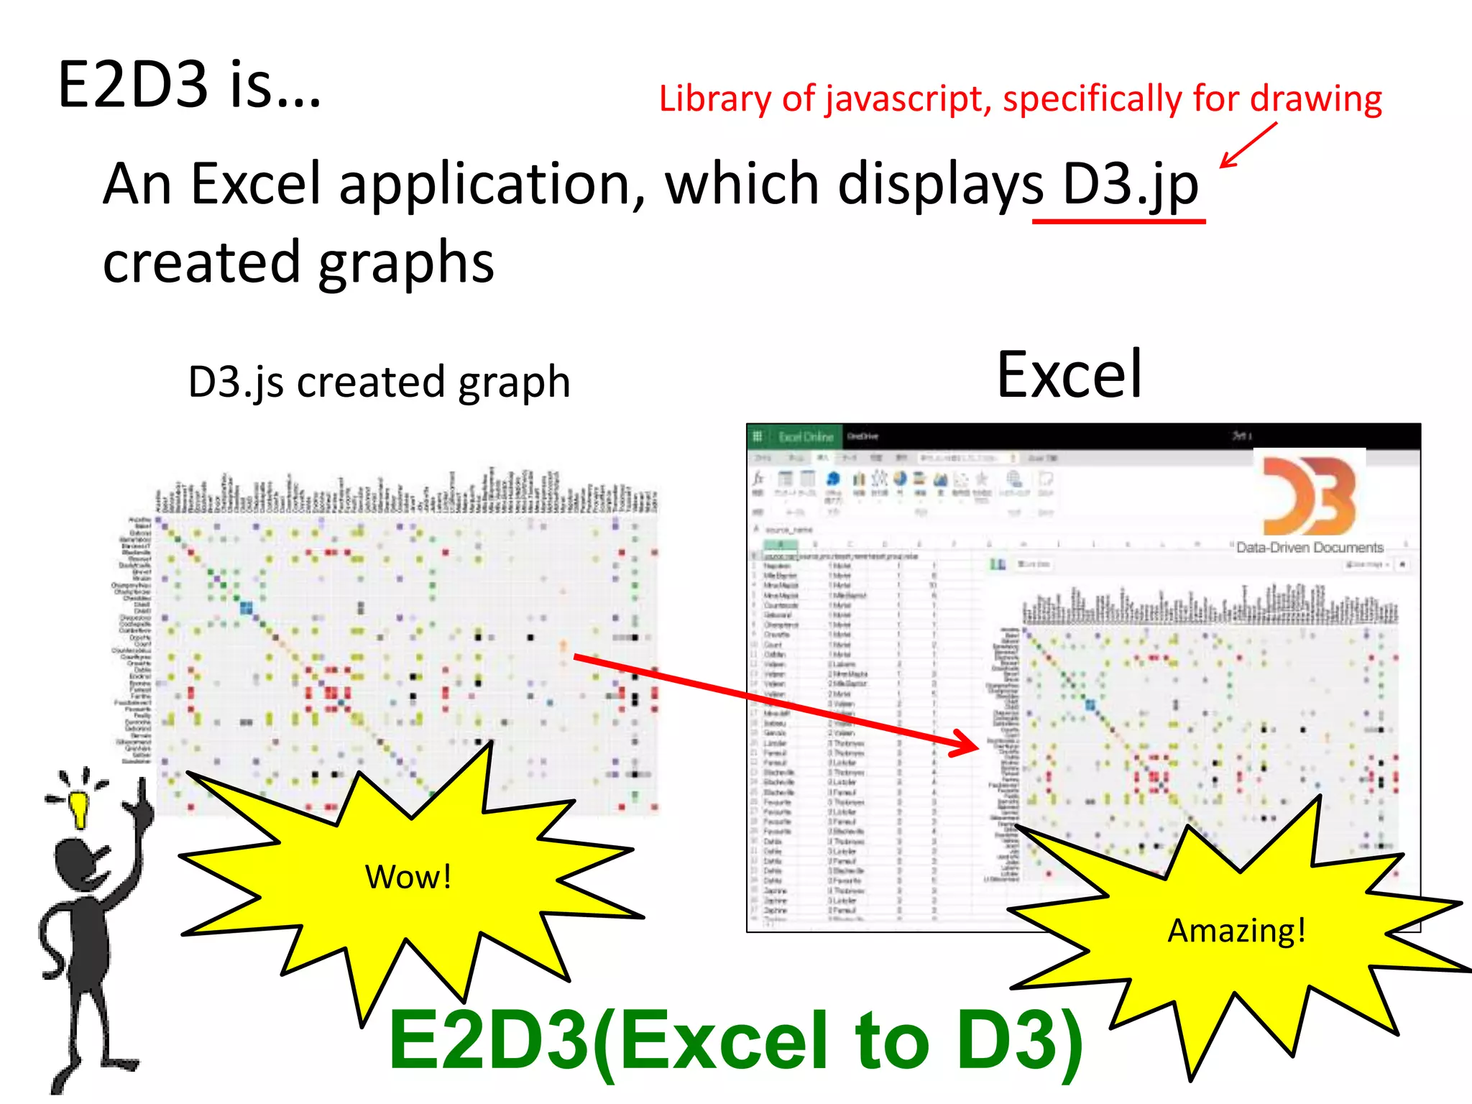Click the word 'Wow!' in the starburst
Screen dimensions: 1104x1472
click(408, 877)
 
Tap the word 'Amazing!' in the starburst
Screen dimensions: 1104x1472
click(1236, 931)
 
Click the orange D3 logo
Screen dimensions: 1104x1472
click(1310, 496)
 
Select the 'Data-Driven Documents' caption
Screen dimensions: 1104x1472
click(1310, 548)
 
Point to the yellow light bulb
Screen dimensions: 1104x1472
click(78, 809)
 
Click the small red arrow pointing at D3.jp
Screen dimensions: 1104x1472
click(1247, 145)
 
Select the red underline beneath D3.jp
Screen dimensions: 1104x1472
click(1118, 221)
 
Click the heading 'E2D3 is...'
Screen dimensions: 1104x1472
click(189, 85)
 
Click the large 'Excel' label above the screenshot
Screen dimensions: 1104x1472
click(1069, 374)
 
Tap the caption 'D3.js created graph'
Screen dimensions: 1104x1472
click(379, 382)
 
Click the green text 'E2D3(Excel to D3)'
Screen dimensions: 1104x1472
click(735, 1041)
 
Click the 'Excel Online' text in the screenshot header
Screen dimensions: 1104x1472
click(806, 437)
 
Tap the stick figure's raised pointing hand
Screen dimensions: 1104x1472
click(142, 809)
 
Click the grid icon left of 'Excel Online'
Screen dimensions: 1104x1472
click(758, 436)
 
